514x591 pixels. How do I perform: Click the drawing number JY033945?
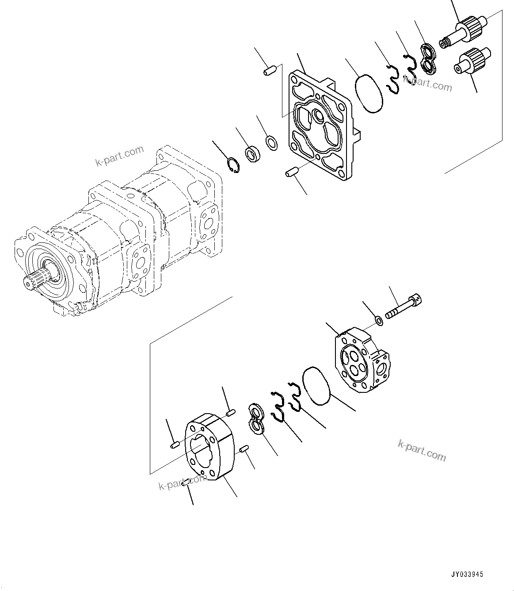point(467,574)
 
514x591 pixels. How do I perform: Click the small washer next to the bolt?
point(379,319)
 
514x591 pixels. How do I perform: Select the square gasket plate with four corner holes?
point(320,128)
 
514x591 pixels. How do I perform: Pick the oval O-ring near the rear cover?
point(316,385)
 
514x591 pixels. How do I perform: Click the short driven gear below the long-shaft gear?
point(471,61)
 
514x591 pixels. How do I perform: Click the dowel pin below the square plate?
point(292,172)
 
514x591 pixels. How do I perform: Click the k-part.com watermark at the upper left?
point(119,155)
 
